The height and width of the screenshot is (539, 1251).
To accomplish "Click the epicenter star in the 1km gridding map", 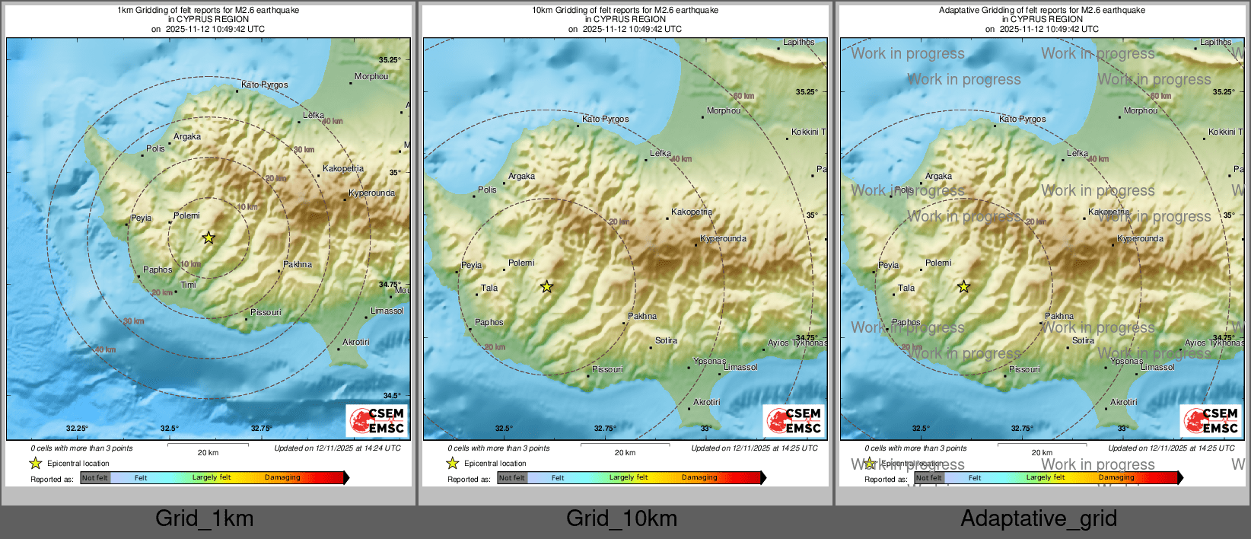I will pos(208,238).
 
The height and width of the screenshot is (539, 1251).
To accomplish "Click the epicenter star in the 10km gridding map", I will pos(546,287).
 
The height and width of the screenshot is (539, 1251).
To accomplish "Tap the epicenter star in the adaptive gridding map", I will pos(963,287).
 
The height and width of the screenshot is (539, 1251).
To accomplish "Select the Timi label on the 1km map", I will pos(188,285).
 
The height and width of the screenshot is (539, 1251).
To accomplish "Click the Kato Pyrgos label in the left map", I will pos(264,85).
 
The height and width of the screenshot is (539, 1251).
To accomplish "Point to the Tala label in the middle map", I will pos(489,288).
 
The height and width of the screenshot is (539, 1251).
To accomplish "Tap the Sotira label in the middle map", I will pos(666,340).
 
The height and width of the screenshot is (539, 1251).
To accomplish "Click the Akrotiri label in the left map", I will pos(355,342).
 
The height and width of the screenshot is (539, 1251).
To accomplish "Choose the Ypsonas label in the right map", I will pos(1126,361).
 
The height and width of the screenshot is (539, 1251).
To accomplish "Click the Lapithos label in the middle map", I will pos(798,43).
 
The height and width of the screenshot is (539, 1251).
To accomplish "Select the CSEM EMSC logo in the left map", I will pos(377,420).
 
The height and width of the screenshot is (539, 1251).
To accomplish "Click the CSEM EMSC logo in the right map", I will pos(1211,420).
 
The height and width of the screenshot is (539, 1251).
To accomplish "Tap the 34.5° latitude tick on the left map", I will pos(392,396).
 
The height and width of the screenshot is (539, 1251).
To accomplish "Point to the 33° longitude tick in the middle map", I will pos(706,429).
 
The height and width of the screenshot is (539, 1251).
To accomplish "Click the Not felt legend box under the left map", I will pos(95,478).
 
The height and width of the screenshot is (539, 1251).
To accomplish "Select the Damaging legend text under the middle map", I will pos(699,477).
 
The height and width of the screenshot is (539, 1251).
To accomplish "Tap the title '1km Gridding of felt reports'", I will pos(208,11).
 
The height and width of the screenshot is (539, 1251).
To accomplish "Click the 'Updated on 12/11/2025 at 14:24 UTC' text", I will pos(337,448).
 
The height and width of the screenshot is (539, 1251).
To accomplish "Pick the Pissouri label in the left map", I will pos(266,312).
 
